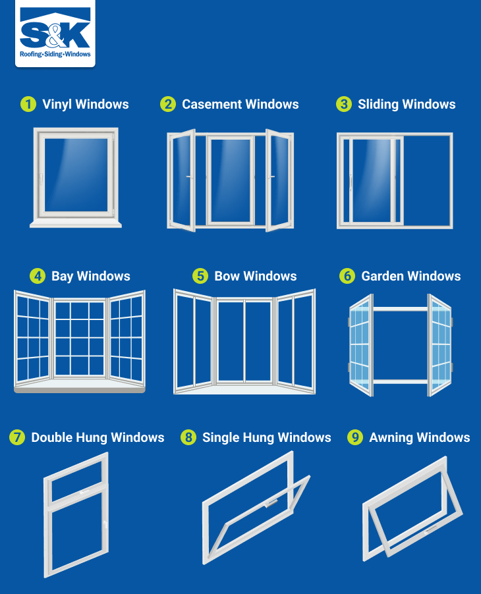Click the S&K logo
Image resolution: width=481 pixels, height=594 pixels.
click(55, 34)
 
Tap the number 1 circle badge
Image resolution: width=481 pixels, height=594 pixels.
click(28, 104)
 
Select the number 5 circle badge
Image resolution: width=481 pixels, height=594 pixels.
click(200, 276)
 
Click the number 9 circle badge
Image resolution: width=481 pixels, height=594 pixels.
click(355, 437)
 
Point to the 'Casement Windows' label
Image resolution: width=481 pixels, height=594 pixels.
click(240, 104)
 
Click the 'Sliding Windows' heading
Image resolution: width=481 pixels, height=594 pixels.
click(407, 104)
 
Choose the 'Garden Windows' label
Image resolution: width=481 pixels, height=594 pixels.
click(410, 276)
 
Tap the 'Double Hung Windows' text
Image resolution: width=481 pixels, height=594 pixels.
click(98, 437)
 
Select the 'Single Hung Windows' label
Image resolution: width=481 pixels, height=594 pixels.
click(266, 437)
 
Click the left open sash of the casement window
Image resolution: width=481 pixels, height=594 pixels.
click(181, 180)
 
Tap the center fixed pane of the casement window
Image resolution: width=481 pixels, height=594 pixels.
click(230, 180)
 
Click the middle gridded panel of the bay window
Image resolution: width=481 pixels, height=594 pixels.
click(79, 338)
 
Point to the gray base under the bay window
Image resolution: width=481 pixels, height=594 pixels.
click(79, 389)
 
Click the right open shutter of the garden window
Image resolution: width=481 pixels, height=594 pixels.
click(439, 344)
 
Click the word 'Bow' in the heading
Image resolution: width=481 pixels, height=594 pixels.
click(227, 276)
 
